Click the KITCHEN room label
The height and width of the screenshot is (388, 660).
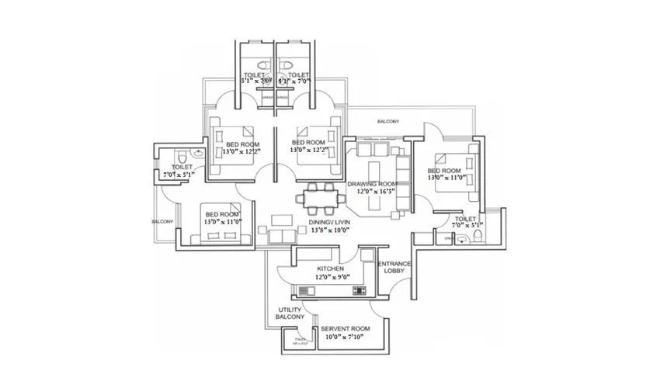click(x=332, y=268)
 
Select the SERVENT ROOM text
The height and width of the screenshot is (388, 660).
click(x=346, y=329)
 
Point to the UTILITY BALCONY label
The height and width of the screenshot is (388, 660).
click(x=291, y=314)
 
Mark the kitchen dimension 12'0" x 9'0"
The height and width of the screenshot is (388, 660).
click(x=333, y=276)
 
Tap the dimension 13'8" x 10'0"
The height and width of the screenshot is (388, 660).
click(x=331, y=230)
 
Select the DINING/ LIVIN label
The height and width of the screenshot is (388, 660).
click(x=331, y=222)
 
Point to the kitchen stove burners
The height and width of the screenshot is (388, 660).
click(x=359, y=291)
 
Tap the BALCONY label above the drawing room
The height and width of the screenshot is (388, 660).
click(x=387, y=122)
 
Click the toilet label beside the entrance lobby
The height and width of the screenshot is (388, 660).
click(x=465, y=219)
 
